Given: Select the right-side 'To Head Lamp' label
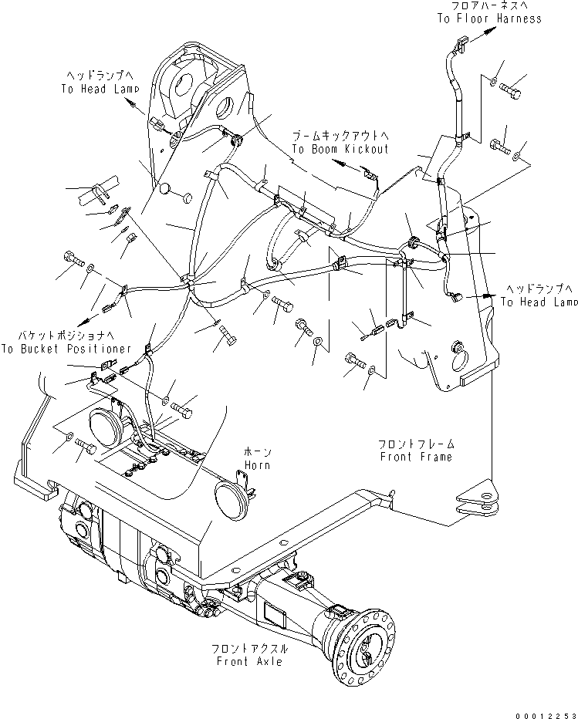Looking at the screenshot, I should pyautogui.click(x=539, y=302).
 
